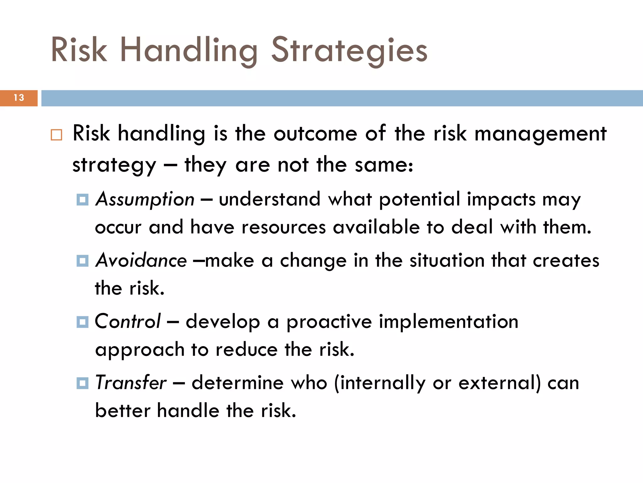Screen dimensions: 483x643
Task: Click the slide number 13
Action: pyautogui.click(x=19, y=98)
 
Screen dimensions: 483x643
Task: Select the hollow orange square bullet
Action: pyautogui.click(x=57, y=135)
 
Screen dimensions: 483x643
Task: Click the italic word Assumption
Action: pyautogui.click(x=145, y=199)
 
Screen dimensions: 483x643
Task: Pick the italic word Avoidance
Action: pyautogui.click(x=141, y=260)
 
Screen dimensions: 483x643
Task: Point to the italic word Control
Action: pyautogui.click(x=128, y=321)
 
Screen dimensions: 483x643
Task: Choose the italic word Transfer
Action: pyautogui.click(x=131, y=383)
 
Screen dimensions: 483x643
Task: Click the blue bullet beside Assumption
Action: pyautogui.click(x=83, y=200)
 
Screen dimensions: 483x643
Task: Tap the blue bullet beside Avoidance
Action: pyautogui.click(x=83, y=261)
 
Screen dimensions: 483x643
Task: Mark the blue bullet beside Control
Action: pyautogui.click(x=83, y=322)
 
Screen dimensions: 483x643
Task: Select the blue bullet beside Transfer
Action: pyautogui.click(x=83, y=383)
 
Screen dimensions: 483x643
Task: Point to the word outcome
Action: pyautogui.click(x=315, y=134)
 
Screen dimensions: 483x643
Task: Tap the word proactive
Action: pyautogui.click(x=329, y=322)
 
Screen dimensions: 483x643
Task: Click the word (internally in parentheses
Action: pyautogui.click(x=380, y=383)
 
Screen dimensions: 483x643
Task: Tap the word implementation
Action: pyautogui.click(x=448, y=322)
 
